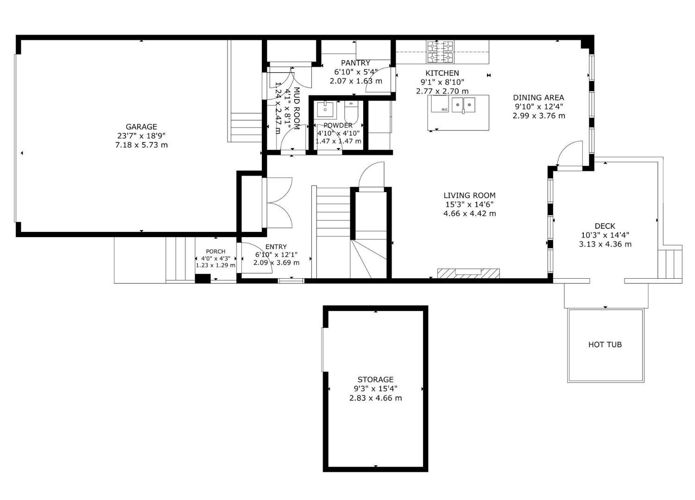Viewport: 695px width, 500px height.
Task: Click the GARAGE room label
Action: coord(141,126)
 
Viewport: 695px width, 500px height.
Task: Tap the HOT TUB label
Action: coord(605,344)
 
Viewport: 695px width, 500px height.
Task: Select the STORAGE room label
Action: coord(375,380)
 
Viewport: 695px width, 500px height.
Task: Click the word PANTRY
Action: coord(355,63)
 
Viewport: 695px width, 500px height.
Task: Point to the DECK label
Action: coord(605,226)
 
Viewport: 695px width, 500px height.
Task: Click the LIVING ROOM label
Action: coord(469,195)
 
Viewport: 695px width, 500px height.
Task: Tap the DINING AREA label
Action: coord(538,98)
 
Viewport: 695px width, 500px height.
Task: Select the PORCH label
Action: coord(215,251)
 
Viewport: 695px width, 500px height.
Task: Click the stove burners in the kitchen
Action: coord(440,52)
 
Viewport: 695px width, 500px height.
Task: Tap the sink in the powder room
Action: coord(325,110)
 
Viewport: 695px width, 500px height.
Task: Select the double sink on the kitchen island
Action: coord(464,104)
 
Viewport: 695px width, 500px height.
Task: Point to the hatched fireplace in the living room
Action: coord(468,273)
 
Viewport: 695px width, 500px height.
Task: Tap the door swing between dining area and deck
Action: coord(570,155)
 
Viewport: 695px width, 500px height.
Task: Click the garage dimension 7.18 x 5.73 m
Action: coord(141,145)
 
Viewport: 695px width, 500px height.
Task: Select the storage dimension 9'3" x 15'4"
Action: coord(375,389)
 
